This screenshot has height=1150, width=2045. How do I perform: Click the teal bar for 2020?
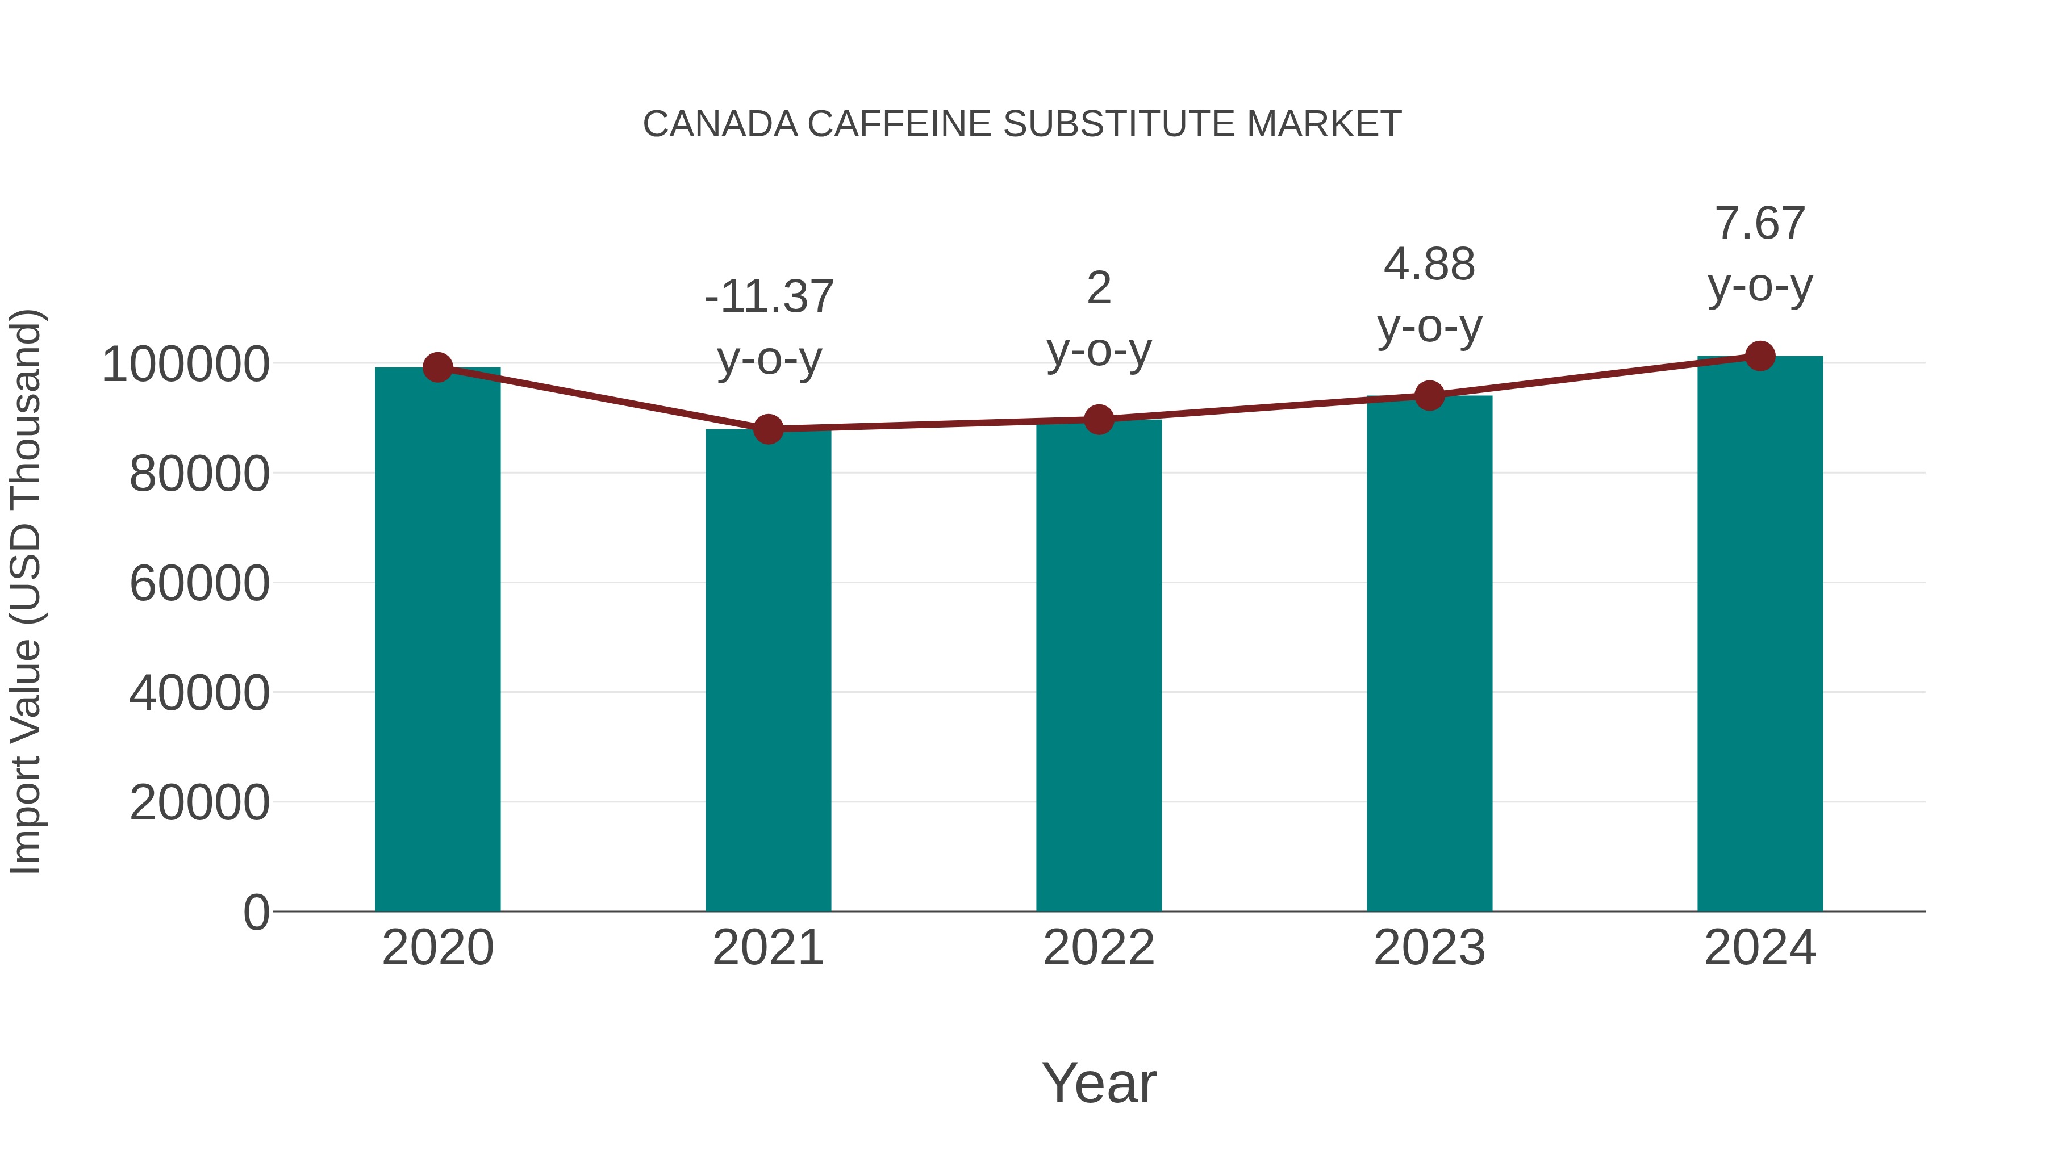point(437,639)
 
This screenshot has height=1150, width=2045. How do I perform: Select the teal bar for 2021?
point(767,670)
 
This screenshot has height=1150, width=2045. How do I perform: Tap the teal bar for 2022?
point(1099,665)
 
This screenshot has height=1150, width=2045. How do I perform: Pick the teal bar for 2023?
point(1429,653)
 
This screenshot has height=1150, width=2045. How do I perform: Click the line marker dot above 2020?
point(437,367)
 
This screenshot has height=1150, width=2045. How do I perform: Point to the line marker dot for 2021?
point(767,429)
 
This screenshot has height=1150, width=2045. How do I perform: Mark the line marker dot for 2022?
point(1099,419)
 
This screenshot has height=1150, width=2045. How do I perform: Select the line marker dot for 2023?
point(1429,395)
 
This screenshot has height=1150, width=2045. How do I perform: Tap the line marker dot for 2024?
point(1760,356)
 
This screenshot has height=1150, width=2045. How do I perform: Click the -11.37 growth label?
point(769,297)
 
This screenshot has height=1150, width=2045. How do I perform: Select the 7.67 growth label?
point(1760,224)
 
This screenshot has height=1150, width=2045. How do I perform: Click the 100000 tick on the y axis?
point(186,365)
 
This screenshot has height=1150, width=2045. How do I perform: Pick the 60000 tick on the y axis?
point(199,584)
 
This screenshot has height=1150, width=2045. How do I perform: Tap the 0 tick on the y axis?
point(256,913)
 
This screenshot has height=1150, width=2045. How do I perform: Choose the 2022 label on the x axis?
point(1099,948)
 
